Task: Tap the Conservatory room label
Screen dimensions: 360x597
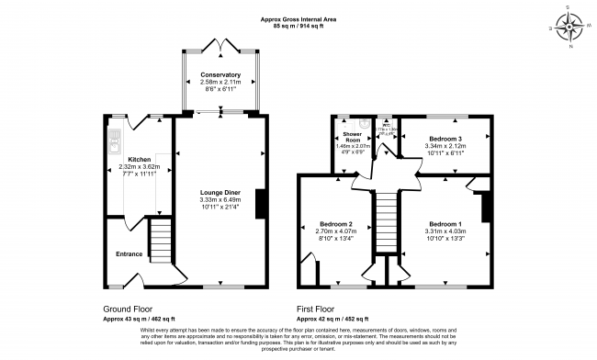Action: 220,74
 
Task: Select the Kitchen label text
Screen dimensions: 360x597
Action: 139,159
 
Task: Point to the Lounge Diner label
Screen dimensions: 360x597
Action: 220,192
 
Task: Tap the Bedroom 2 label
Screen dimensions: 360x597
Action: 337,224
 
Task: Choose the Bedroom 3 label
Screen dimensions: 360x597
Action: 444,138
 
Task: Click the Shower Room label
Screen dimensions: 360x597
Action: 351,137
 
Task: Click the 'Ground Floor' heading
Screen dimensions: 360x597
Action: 128,309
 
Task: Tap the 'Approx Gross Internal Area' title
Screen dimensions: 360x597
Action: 298,18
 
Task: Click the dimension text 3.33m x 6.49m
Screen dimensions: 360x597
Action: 220,199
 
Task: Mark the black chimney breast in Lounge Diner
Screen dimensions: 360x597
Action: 263,204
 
